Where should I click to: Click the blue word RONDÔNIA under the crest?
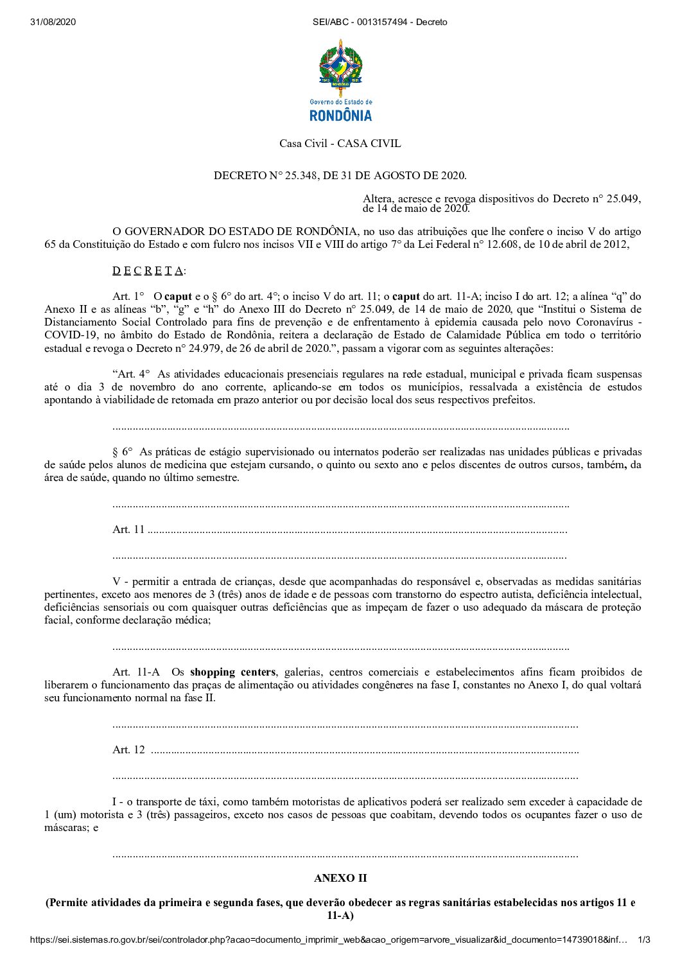click(x=340, y=116)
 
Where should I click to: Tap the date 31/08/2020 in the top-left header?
click(x=53, y=22)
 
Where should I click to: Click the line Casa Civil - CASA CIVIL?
click(x=340, y=143)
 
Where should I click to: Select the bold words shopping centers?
click(x=233, y=672)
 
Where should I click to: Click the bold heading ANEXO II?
click(x=340, y=878)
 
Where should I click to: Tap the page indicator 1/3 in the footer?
click(x=643, y=940)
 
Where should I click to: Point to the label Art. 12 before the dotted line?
click(x=128, y=749)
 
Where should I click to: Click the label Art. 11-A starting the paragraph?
click(x=136, y=672)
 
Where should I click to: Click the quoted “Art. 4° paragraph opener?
click(x=132, y=374)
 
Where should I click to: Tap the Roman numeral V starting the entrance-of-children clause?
click(x=116, y=581)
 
